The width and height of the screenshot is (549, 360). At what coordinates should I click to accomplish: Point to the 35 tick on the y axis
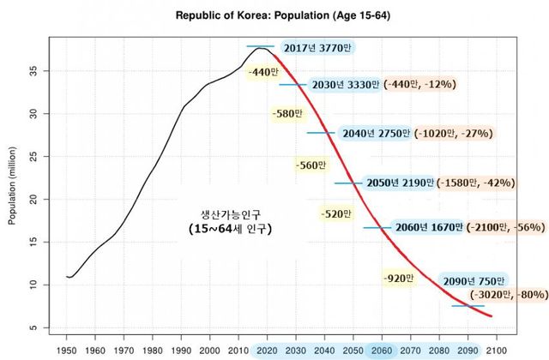pyautogui.click(x=42, y=71)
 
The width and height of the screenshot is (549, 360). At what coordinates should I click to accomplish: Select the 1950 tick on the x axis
pyautogui.click(x=66, y=351)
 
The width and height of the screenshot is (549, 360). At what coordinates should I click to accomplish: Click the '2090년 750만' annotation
pyautogui.click(x=473, y=280)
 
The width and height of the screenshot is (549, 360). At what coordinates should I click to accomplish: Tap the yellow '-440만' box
pyautogui.click(x=261, y=73)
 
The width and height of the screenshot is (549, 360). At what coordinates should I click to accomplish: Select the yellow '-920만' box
pyautogui.click(x=399, y=278)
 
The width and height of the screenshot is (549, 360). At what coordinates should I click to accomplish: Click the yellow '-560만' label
pyautogui.click(x=310, y=165)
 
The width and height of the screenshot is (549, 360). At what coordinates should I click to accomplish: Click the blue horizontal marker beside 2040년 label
pyautogui.click(x=320, y=133)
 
